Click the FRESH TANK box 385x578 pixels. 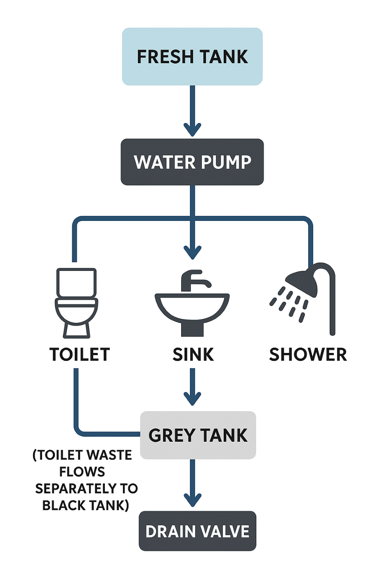pos(192,57)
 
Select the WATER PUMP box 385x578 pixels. pos(192,162)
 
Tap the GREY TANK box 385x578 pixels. pos(198,435)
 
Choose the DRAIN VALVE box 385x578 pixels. pos(197,531)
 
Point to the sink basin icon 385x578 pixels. pos(192,308)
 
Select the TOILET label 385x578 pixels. pos(80,355)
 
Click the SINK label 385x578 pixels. pos(193,355)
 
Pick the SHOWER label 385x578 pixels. pos(308,355)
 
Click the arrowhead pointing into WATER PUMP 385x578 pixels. pos(192,130)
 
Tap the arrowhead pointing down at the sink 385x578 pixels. pos(192,252)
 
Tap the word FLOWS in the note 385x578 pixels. pos(82,471)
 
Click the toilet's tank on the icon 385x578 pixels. pos(76,282)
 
